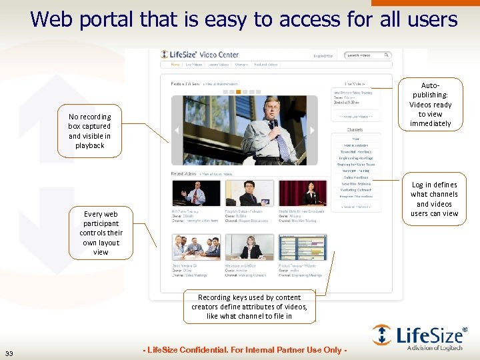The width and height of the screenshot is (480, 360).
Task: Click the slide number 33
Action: pos(8,353)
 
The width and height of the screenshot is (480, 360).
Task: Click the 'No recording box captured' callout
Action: pos(89,131)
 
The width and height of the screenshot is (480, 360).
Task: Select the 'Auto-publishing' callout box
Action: pos(430,105)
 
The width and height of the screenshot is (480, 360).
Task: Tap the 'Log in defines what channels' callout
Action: pos(434,199)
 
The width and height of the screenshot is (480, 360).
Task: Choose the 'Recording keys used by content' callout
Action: pos(249,307)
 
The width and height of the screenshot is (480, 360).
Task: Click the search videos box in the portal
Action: pos(367,55)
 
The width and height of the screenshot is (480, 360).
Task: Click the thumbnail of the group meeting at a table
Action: pos(196,247)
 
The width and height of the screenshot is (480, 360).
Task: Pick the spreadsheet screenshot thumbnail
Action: pos(302,247)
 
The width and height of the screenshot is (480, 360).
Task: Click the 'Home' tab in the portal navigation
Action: pos(175,65)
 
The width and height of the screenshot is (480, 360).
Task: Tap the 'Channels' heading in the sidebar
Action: pos(355,129)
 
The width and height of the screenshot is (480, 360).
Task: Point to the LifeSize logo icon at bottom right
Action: pos(382,335)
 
